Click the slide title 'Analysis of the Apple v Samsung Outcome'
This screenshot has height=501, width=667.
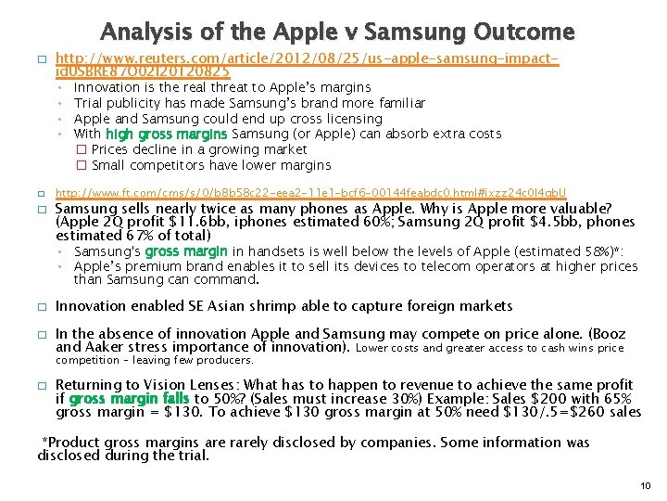337,32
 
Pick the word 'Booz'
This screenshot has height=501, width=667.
608,334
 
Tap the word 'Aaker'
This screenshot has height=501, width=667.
104,347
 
